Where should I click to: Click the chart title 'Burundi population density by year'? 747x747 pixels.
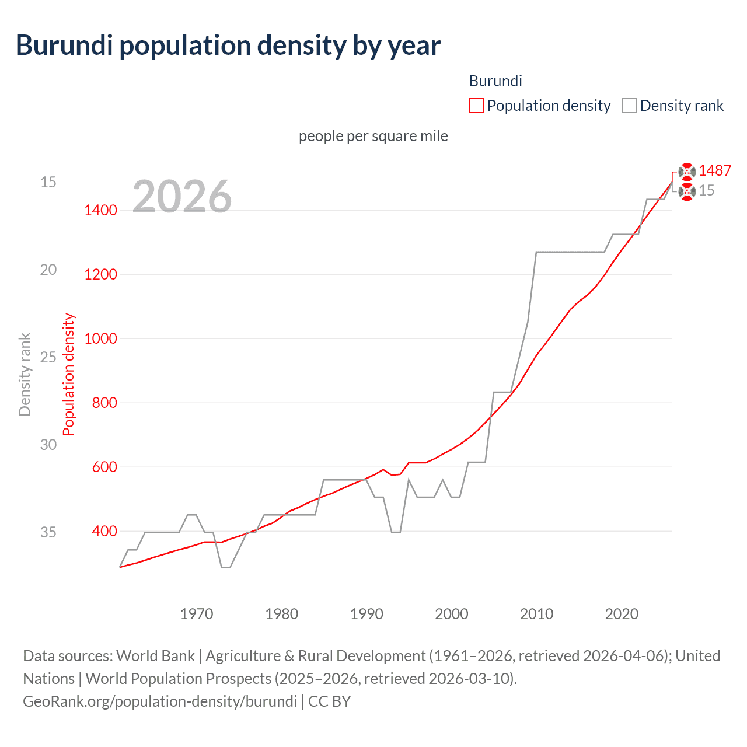(x=228, y=46)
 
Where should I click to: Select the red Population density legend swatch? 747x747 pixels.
(x=476, y=106)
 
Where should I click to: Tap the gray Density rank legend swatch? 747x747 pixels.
(x=629, y=106)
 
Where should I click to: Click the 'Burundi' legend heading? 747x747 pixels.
(x=495, y=81)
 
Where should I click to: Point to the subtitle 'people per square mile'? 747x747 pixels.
(x=373, y=136)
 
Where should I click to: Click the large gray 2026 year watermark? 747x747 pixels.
(x=182, y=197)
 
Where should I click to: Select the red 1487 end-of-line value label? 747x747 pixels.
(x=715, y=170)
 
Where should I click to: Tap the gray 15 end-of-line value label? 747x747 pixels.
(x=707, y=191)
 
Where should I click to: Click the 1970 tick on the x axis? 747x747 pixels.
(x=197, y=614)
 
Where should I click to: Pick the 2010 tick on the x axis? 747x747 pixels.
(x=536, y=614)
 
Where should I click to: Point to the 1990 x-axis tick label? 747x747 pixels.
(x=366, y=614)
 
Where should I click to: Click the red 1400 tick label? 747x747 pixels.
(x=100, y=211)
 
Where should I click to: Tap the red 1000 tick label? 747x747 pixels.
(x=100, y=339)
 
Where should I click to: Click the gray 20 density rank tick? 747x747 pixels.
(x=48, y=270)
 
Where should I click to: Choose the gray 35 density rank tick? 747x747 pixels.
(x=48, y=532)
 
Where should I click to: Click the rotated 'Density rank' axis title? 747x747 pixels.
(x=25, y=375)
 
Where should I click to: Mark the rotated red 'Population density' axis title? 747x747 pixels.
(x=69, y=375)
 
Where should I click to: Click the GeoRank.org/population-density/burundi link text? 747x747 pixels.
(x=160, y=701)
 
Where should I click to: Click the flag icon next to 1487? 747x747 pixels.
(x=687, y=171)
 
